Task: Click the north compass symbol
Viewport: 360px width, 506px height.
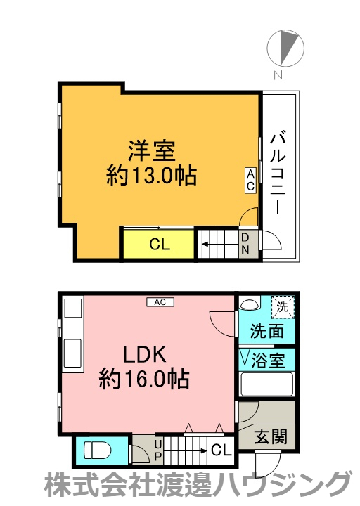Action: tap(287, 47)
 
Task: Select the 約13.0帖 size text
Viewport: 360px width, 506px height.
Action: tap(150, 176)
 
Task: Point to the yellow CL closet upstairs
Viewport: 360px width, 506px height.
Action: tap(159, 245)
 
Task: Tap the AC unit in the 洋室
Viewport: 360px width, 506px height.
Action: tap(250, 180)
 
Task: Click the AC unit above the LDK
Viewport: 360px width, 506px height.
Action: tap(160, 302)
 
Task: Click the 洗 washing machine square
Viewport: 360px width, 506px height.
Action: tap(283, 307)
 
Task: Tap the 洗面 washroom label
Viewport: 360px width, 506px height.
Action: tap(267, 330)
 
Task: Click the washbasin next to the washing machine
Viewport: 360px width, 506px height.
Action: tap(249, 305)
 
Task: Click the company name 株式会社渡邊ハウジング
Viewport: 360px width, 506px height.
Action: tap(198, 486)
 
